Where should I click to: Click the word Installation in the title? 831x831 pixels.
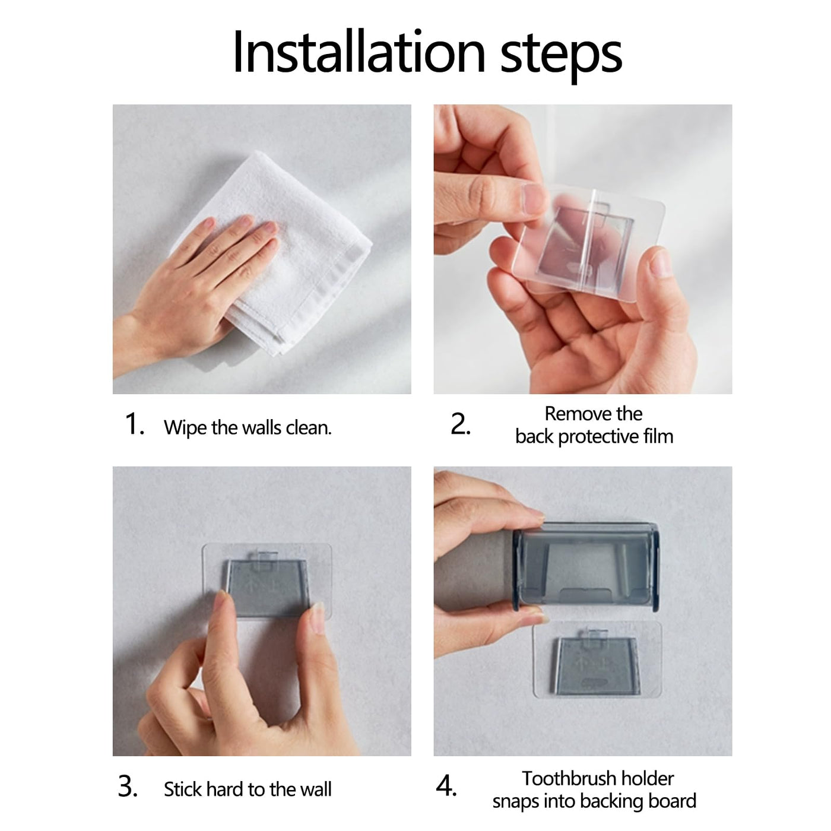point(359,53)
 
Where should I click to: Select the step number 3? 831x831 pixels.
point(128,786)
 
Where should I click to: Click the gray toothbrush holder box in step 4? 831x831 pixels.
point(586,567)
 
